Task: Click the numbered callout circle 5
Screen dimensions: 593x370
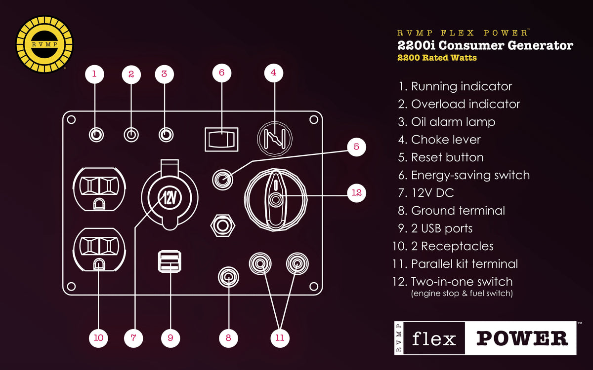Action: [356, 147]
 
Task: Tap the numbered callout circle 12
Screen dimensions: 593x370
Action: [356, 193]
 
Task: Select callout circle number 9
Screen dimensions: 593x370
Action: [170, 338]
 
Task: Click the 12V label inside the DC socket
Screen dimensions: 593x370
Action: [169, 198]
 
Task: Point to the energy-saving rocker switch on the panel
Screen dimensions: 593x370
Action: [221, 140]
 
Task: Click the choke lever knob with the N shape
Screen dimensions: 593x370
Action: [275, 138]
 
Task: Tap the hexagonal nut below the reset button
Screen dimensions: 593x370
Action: [223, 226]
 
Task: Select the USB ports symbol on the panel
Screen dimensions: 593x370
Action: [169, 261]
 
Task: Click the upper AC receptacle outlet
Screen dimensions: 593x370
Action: [99, 189]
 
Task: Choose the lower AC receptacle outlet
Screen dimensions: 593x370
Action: [99, 250]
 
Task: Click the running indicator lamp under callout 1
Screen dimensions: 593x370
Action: [96, 135]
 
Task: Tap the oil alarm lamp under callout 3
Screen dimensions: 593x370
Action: [166, 135]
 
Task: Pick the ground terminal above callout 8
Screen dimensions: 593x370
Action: [228, 277]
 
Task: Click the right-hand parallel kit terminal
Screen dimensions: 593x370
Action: [297, 263]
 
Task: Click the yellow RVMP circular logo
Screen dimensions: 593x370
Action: [44, 44]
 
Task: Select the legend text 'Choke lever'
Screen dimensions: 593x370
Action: [446, 140]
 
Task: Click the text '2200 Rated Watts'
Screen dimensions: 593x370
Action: [437, 58]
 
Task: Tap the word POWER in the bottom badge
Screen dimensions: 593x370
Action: [522, 338]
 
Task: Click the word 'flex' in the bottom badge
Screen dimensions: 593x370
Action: [434, 338]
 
